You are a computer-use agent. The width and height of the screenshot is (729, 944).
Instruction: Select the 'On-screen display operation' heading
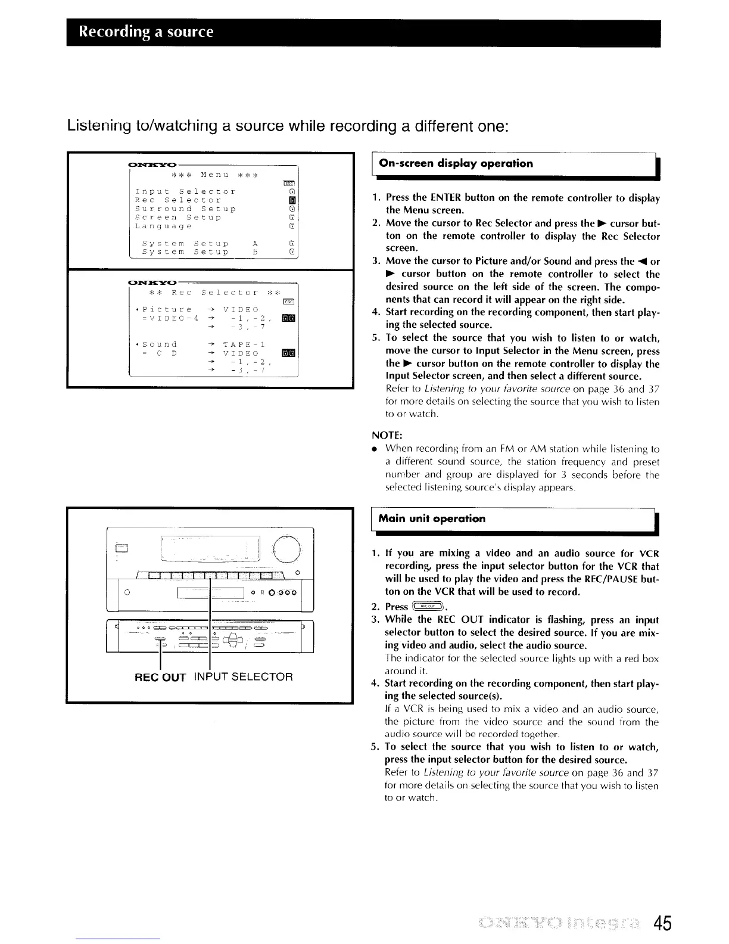[456, 163]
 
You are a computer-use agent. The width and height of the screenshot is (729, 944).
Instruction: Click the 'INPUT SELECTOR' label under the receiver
[243, 677]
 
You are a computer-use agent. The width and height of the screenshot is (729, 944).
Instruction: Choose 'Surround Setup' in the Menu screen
[185, 209]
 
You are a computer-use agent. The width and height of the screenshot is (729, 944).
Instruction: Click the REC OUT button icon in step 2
[428, 607]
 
